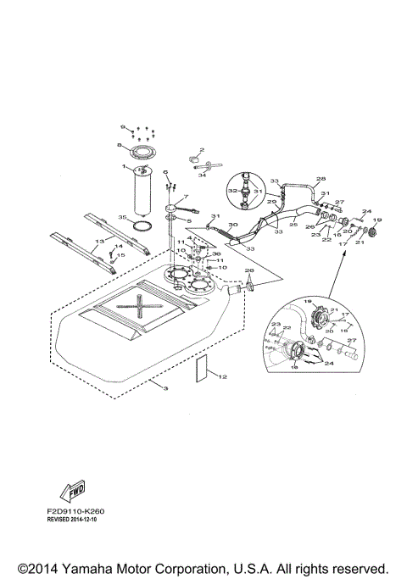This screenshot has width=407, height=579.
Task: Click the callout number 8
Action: coord(120,146)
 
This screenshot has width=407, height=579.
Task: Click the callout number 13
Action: coord(99,241)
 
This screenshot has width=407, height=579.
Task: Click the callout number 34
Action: coord(203,175)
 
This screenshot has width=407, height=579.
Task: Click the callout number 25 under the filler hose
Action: coord(293,225)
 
